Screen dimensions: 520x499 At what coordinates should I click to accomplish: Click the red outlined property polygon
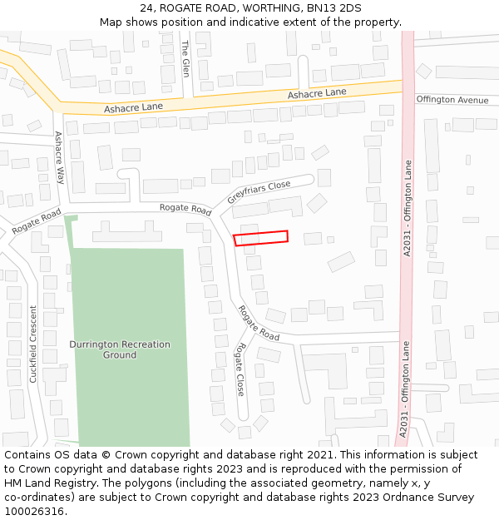[260, 238]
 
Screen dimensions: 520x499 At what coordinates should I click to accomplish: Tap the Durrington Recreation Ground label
[120, 349]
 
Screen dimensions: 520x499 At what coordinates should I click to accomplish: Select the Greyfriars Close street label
[259, 192]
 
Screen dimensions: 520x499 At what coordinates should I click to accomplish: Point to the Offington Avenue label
[452, 100]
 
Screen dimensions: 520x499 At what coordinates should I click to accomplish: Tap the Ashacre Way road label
[59, 157]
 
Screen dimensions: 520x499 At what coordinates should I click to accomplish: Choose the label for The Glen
[185, 57]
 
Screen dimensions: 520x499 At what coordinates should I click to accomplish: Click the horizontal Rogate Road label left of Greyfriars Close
[185, 208]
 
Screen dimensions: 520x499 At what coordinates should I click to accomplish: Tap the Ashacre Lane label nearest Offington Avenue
[317, 93]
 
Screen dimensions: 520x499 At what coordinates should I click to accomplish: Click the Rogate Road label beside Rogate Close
[259, 323]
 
